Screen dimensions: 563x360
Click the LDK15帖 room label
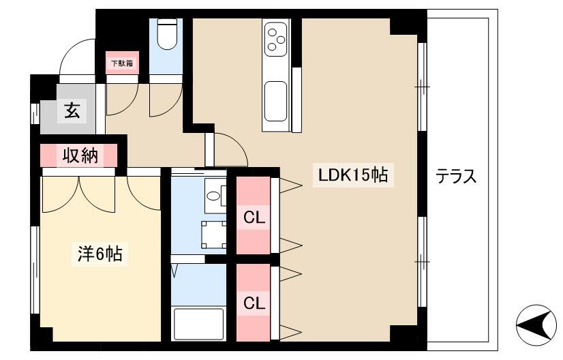pyautogui.click(x=353, y=175)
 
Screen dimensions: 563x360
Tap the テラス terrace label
pyautogui.click(x=456, y=177)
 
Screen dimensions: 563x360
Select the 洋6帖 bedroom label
pyautogui.click(x=100, y=254)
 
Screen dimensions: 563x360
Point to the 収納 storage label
pyautogui.click(x=80, y=155)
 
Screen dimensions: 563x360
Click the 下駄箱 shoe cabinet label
pyautogui.click(x=122, y=63)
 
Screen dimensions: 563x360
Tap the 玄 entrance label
pyautogui.click(x=72, y=110)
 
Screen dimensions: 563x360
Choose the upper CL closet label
pyautogui.click(x=254, y=217)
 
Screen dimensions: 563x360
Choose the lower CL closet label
pyautogui.click(x=254, y=303)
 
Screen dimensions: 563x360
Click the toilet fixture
pyautogui.click(x=167, y=34)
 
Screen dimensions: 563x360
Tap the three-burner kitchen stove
pyautogui.click(x=276, y=37)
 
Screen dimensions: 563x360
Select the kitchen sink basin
pyautogui.click(x=276, y=102)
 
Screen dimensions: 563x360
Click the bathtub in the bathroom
pyautogui.click(x=198, y=324)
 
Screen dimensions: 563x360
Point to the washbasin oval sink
pyautogui.click(x=214, y=196)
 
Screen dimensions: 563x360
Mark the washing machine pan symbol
pyautogui.click(x=214, y=235)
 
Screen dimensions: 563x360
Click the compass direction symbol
pyautogui.click(x=536, y=323)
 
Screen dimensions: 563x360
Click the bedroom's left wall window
pyautogui.click(x=35, y=269)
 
